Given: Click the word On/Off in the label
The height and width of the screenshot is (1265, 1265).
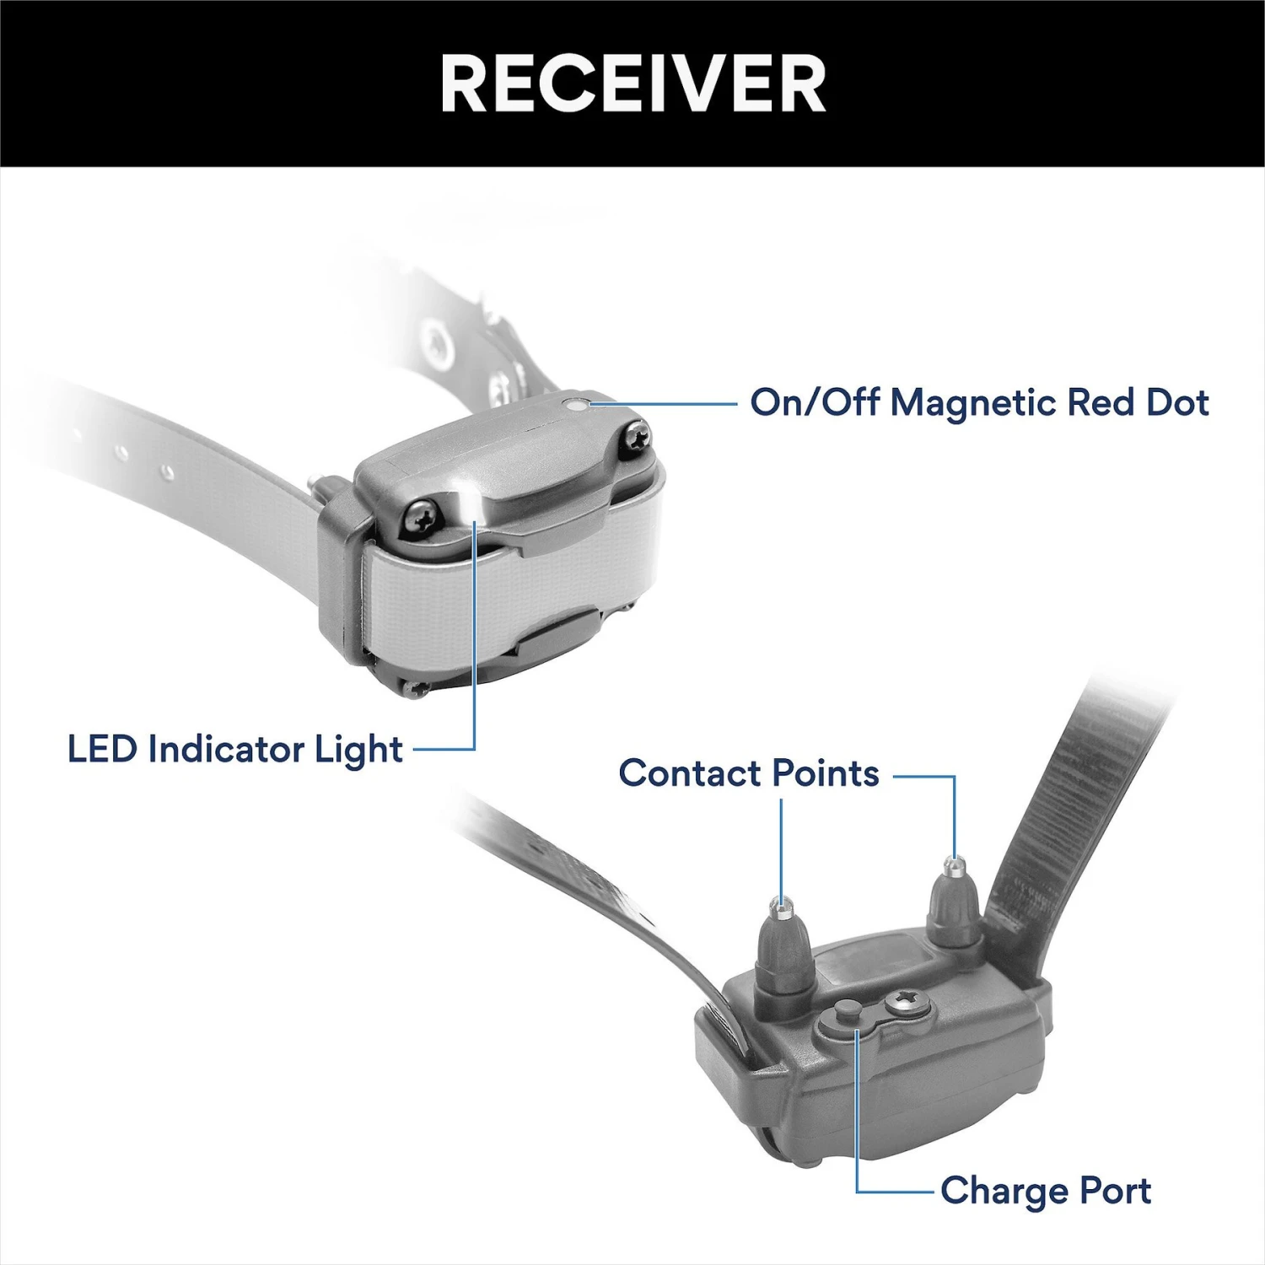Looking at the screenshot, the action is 816,402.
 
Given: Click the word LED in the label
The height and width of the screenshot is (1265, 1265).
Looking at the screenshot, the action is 102,749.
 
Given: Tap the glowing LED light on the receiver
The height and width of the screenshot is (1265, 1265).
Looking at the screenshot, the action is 466,504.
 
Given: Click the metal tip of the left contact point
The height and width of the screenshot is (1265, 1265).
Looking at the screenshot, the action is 782,907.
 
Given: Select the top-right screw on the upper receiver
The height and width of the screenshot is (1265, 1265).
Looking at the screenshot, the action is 634,439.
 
